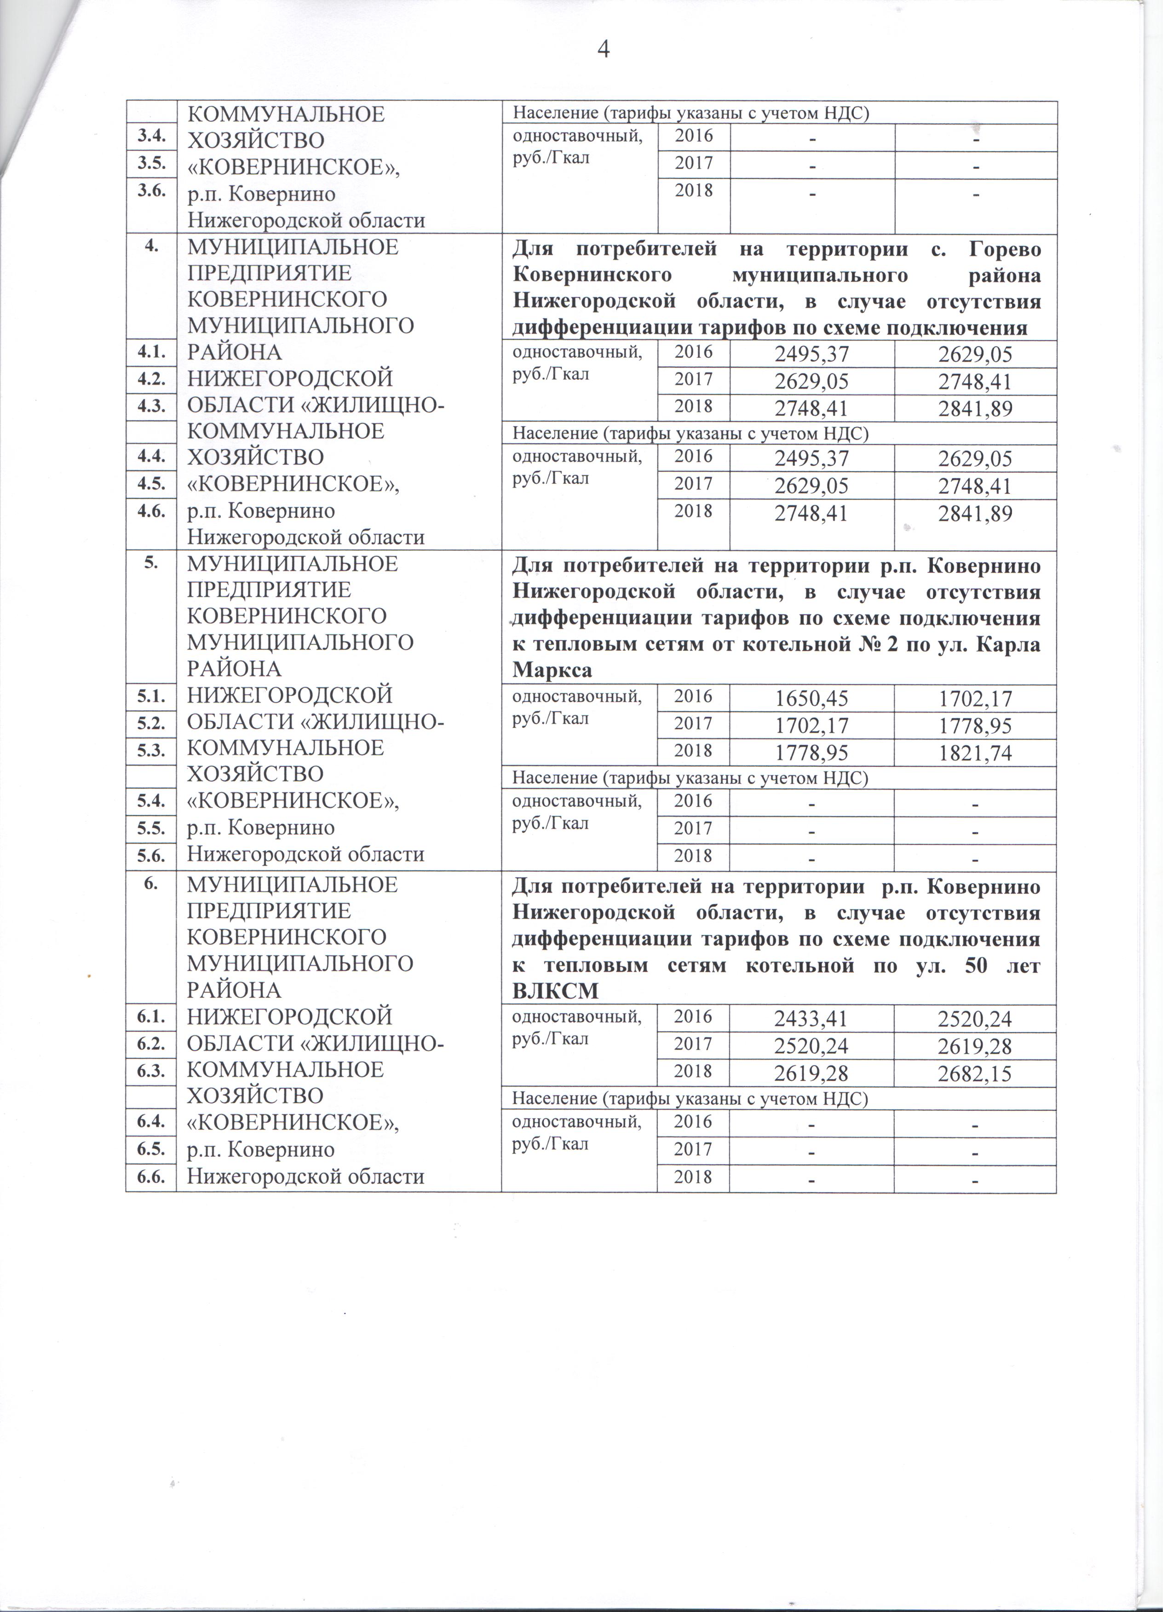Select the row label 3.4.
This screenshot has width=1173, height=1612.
pyautogui.click(x=151, y=136)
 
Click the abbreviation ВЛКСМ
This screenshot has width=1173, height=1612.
pyautogui.click(x=554, y=991)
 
